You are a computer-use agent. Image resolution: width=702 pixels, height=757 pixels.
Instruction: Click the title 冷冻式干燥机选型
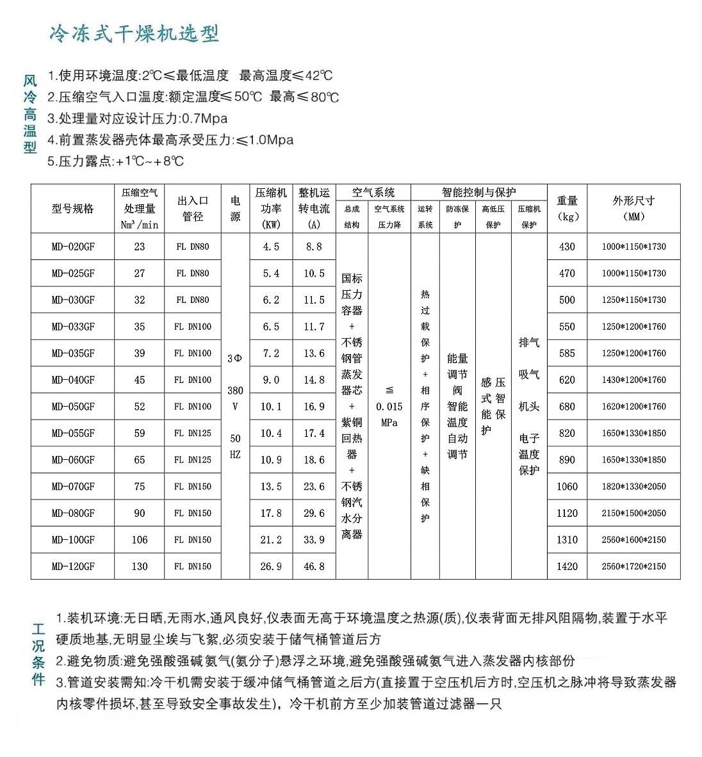(x=135, y=34)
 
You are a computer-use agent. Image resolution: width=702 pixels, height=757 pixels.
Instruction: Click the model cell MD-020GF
(x=73, y=247)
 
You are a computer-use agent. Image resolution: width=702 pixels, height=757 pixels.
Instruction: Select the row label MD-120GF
(x=73, y=566)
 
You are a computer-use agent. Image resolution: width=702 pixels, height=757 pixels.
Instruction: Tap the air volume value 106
(x=140, y=540)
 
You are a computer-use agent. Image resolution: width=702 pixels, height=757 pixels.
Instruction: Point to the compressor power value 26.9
(x=271, y=566)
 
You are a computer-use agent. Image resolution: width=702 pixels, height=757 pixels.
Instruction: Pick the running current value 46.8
(x=314, y=566)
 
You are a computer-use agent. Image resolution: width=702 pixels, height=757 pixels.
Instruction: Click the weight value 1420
(x=567, y=566)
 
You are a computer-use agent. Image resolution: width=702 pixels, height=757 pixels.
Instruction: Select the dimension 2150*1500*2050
(x=633, y=513)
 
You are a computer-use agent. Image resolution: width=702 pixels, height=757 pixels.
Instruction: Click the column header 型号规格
(x=73, y=209)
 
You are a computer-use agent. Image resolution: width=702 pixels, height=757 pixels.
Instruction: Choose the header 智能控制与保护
(x=478, y=192)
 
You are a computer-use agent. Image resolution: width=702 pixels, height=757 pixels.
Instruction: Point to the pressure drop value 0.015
(x=389, y=407)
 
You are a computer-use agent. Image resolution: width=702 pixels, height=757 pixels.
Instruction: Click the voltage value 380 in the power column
(x=235, y=391)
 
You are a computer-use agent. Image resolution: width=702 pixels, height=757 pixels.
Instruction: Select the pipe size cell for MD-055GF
(x=193, y=433)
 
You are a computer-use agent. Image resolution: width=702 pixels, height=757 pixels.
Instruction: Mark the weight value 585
(x=567, y=353)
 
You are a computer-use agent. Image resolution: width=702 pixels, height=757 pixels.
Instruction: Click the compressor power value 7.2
(x=271, y=353)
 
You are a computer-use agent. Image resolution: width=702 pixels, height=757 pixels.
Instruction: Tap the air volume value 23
(x=140, y=247)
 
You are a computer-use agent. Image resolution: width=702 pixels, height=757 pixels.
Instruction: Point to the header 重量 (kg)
(x=567, y=208)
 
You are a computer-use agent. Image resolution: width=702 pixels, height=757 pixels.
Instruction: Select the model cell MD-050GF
(x=73, y=407)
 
